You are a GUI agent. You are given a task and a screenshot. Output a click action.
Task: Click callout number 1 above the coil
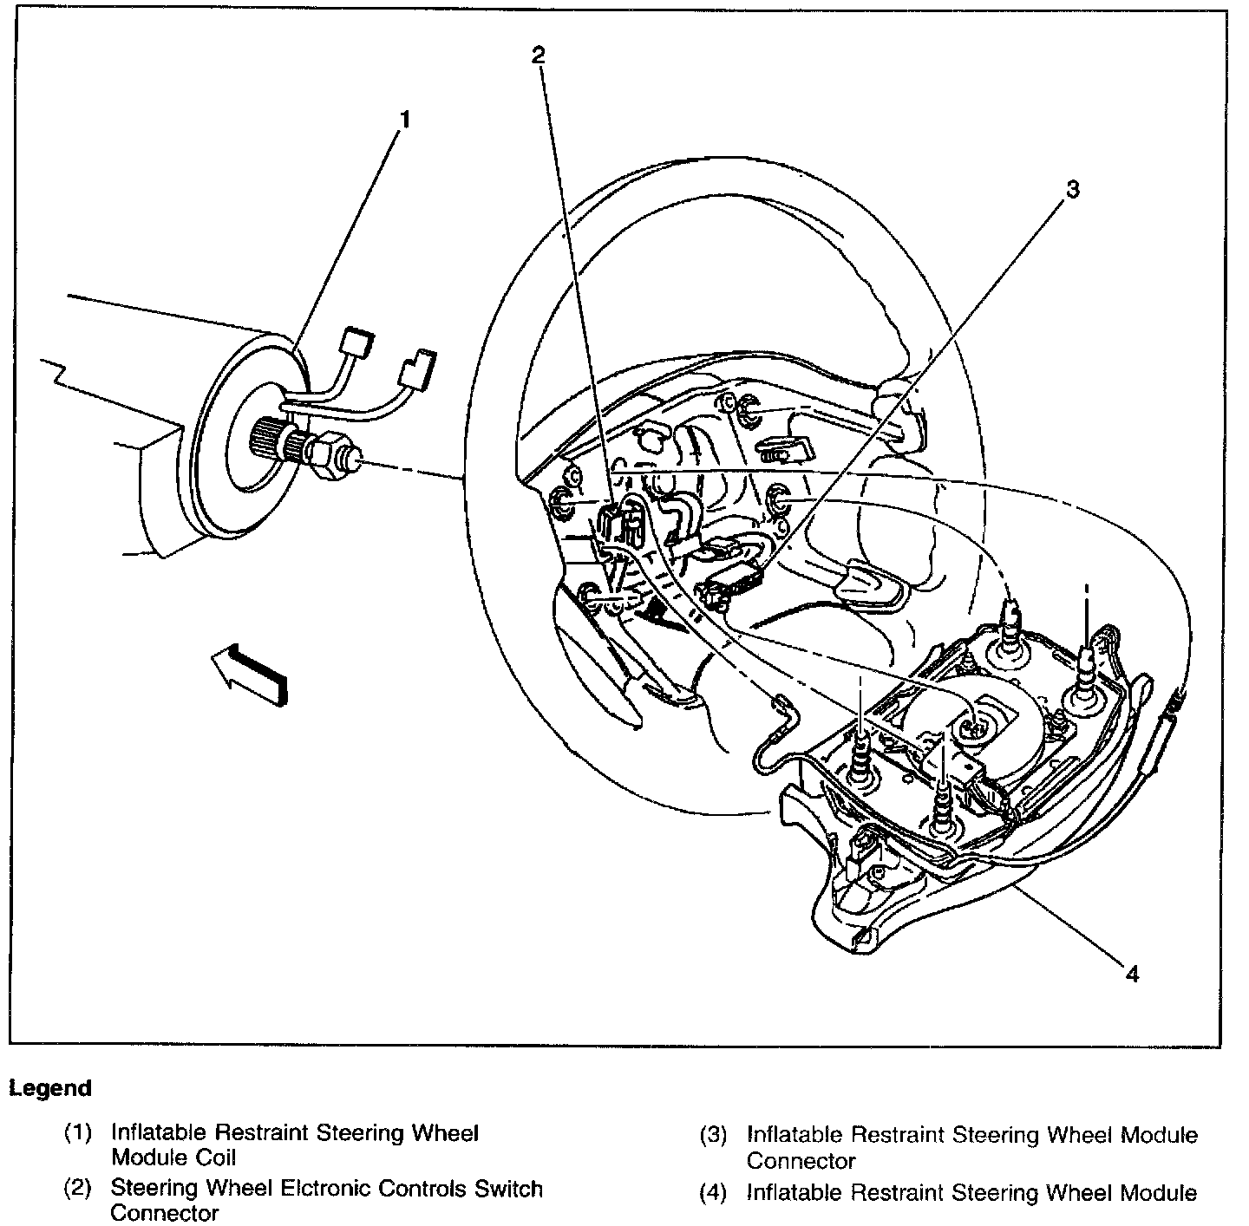click(403, 119)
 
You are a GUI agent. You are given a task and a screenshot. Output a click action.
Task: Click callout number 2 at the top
click(539, 55)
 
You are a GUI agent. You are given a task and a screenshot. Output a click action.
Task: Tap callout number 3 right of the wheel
click(1073, 190)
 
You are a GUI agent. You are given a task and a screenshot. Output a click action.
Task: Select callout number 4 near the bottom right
click(1131, 974)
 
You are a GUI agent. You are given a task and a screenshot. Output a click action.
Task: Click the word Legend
click(50, 1087)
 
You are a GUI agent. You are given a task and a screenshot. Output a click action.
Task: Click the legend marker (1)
click(78, 1132)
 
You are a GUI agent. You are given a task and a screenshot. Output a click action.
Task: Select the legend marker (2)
click(78, 1189)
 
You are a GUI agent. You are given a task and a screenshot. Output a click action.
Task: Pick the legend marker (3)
click(713, 1135)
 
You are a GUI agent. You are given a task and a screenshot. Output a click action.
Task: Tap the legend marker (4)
click(713, 1193)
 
